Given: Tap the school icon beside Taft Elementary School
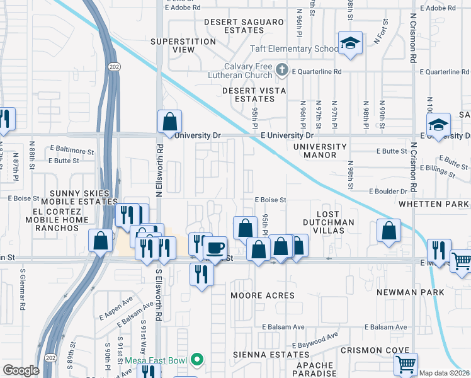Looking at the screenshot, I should [349, 43].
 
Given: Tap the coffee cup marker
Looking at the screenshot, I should [215, 248].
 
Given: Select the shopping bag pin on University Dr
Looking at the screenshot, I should [169, 121].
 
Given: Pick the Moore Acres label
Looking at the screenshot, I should [262, 295].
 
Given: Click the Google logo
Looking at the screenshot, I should [21, 370].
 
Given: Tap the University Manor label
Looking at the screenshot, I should [320, 151].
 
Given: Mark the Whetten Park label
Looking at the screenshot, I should [434, 204].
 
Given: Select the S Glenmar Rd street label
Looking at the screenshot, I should [23, 298].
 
